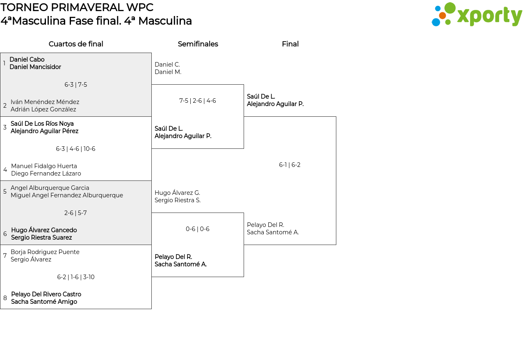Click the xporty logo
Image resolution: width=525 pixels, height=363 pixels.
477,15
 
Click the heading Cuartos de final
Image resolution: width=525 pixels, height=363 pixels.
76,44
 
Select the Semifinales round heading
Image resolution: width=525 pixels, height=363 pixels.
198,44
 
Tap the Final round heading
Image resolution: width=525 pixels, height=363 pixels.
290,44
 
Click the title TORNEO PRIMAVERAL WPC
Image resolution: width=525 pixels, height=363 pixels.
77,7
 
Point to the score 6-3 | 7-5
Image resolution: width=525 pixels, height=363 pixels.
76,85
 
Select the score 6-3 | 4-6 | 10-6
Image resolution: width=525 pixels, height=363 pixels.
76,149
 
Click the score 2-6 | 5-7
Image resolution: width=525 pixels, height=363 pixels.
76,213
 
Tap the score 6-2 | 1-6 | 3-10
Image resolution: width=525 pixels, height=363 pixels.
76,277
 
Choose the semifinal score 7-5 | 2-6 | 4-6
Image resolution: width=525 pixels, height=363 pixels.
198,101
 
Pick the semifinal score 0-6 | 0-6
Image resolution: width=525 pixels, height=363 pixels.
198,229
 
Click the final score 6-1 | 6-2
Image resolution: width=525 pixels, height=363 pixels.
290,165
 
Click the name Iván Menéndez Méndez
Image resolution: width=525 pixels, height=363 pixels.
45,102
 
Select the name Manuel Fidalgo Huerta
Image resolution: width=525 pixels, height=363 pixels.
44,166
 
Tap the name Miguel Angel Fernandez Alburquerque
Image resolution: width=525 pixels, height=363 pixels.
67,195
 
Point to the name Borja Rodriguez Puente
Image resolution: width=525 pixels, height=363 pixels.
45,252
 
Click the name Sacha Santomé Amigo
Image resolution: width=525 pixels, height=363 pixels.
44,302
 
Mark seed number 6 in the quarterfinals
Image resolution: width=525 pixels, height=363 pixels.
5,234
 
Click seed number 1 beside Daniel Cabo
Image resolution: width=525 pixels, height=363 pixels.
4,63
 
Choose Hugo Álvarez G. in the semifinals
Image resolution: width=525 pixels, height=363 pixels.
177,193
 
